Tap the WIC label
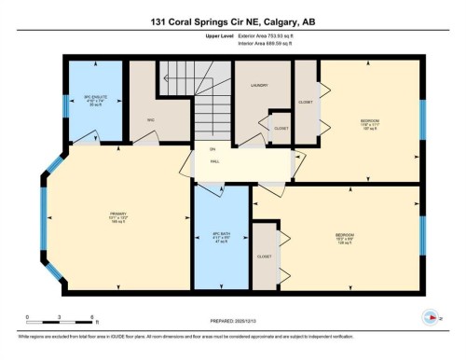point(150,119)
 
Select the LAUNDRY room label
point(260,85)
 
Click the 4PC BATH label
point(222,235)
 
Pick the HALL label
point(213,162)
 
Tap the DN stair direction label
point(212,149)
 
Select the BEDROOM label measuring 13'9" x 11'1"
point(370,122)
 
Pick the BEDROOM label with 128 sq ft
point(345,236)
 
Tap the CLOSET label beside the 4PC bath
point(265,255)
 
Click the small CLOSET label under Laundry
point(281,128)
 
